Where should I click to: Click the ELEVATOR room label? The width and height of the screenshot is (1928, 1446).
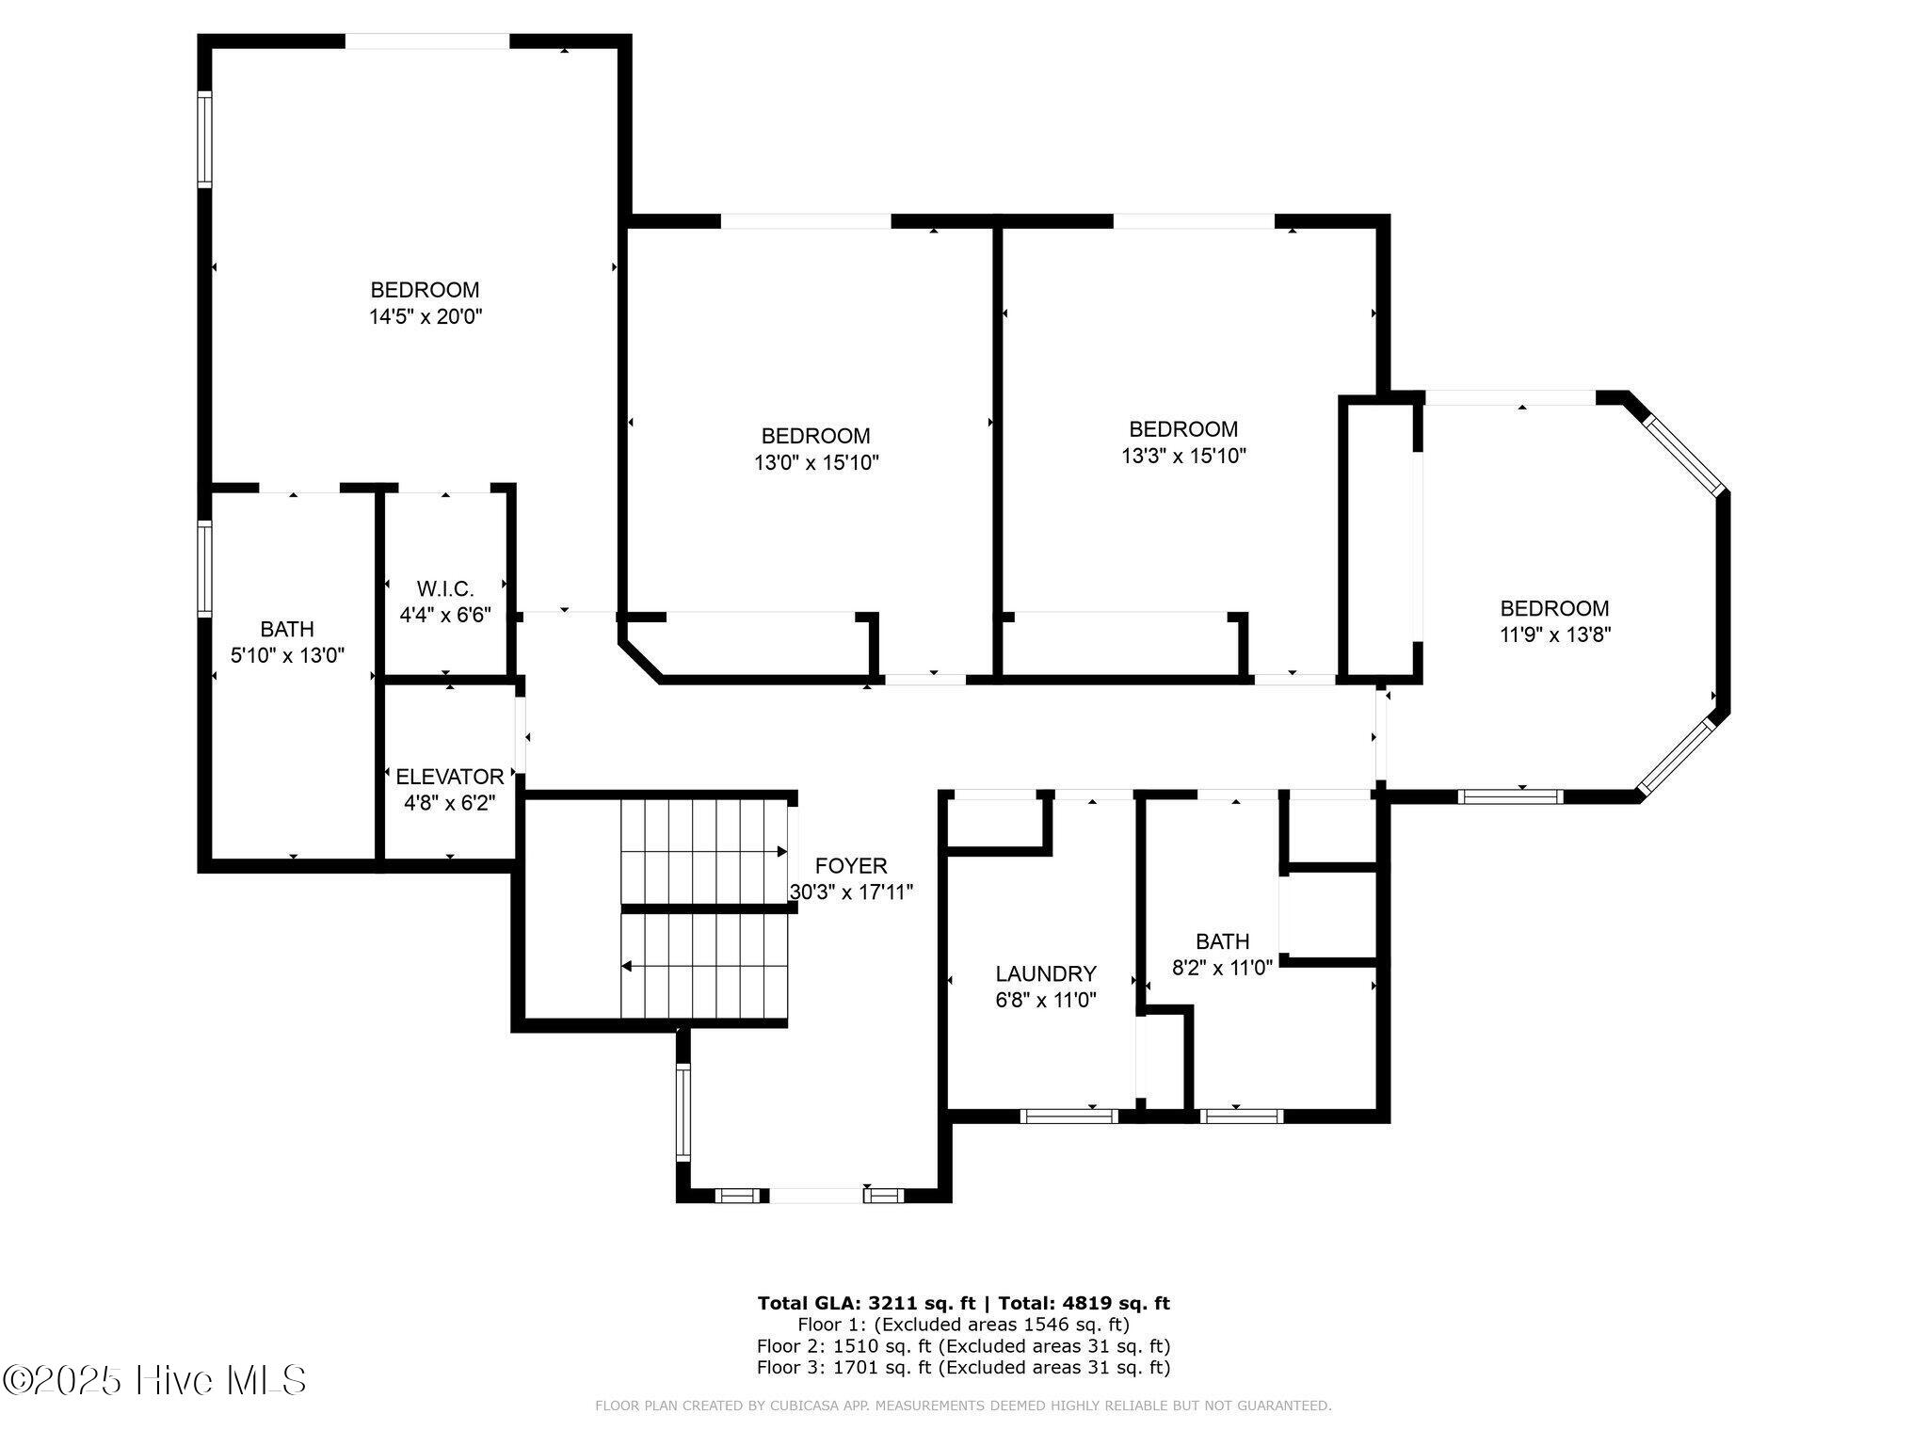[450, 777]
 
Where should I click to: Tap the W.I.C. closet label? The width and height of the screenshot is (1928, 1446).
[445, 589]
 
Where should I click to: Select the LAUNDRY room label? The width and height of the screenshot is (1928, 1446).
[1046, 973]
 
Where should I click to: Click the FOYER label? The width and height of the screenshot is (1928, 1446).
[851, 866]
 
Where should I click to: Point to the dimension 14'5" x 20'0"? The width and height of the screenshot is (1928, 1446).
[426, 316]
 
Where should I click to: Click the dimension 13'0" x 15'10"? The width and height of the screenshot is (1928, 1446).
[816, 462]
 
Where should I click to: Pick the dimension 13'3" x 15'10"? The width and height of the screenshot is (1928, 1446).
[1183, 456]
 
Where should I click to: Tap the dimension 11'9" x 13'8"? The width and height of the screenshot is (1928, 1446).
[1555, 635]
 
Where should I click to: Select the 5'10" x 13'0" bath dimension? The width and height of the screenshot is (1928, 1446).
[288, 655]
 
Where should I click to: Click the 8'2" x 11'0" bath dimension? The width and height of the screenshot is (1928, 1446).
[1222, 967]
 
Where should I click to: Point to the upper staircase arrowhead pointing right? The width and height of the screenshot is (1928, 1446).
[781, 852]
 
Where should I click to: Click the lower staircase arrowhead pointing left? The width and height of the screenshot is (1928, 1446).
[626, 966]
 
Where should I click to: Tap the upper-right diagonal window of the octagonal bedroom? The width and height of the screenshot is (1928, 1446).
[1684, 454]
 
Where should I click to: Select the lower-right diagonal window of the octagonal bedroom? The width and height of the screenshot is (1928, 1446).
[1675, 757]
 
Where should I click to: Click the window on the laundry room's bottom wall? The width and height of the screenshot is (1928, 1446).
[1069, 1117]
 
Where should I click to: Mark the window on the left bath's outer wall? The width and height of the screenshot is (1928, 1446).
[204, 569]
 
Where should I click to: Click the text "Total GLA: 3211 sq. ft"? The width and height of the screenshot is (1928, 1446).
[866, 1303]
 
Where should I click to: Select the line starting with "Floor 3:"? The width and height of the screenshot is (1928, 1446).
[964, 1368]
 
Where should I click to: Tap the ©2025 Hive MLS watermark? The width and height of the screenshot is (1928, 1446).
[155, 1381]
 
